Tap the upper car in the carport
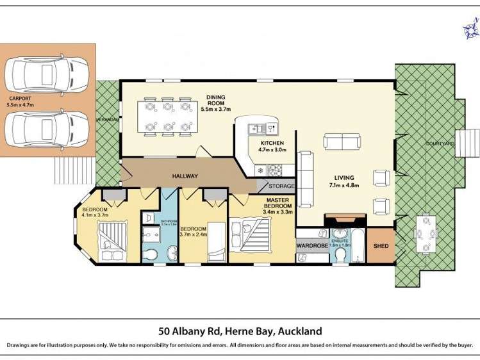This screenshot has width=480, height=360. (x=47, y=74)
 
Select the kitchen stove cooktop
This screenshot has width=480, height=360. (x=275, y=170)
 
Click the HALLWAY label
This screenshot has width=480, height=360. (x=185, y=176)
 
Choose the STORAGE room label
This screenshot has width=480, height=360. (x=281, y=186)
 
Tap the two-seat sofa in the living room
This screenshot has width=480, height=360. (x=342, y=141)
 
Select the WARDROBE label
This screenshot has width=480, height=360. (x=312, y=245)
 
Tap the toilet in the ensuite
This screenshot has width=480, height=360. (x=340, y=256)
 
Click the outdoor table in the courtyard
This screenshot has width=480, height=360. (x=426, y=234)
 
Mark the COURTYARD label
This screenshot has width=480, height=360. (x=440, y=143)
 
